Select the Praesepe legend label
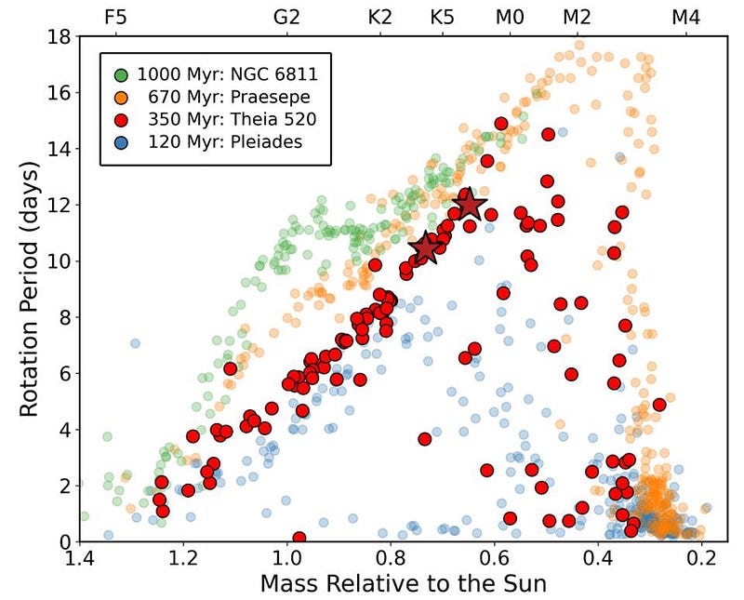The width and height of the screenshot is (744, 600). [215, 96]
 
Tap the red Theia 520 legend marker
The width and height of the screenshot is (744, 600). [121, 119]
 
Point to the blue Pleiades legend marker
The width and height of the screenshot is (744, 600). [121, 142]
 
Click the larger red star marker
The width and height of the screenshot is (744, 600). [470, 204]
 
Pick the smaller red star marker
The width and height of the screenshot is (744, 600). [426, 248]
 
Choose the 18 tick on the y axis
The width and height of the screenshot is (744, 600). [60, 37]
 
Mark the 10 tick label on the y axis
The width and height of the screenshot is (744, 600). [60, 261]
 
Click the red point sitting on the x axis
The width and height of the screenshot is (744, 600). [299, 539]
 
